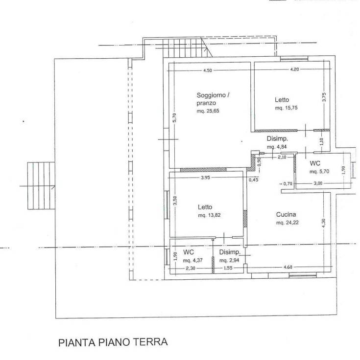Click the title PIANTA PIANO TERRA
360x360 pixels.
[x=113, y=342]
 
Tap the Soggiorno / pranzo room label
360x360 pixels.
[x=212, y=98]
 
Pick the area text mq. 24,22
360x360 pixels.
[x=287, y=223]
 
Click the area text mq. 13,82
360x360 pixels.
[x=210, y=215]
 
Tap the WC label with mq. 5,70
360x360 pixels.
[x=315, y=163]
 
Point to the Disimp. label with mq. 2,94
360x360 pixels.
[x=229, y=252]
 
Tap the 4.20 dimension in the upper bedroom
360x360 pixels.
[x=294, y=69]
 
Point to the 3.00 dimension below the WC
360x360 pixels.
[x=318, y=183]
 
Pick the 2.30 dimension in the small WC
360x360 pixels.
[x=189, y=268]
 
